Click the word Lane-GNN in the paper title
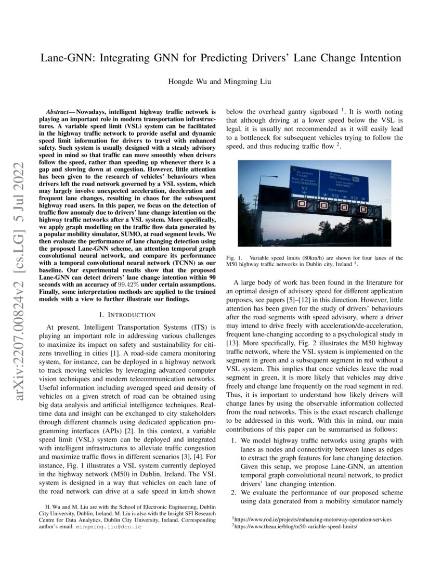(x=68, y=58)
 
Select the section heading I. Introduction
(x=127, y=315)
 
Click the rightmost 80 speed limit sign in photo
(x=363, y=209)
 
